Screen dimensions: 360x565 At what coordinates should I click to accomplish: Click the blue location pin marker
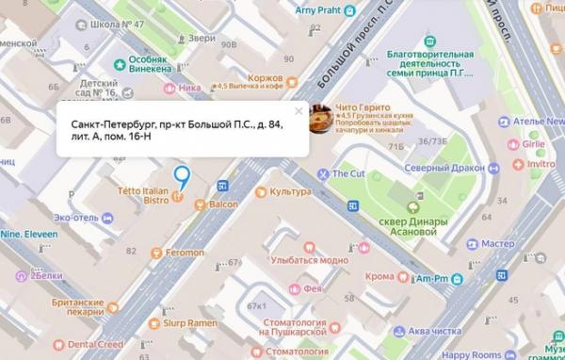pyautogui.click(x=181, y=174)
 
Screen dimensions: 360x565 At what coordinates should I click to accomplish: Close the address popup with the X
pyautogui.click(x=299, y=111)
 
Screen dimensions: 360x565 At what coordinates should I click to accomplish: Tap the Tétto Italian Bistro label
pyautogui.click(x=141, y=194)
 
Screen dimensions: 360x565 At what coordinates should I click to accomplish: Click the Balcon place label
pyautogui.click(x=223, y=205)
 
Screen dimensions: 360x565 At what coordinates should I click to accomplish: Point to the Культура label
pyautogui.click(x=289, y=191)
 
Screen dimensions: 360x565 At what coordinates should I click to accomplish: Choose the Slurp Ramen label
pyautogui.click(x=189, y=323)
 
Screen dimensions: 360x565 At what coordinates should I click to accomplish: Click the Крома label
pyautogui.click(x=380, y=277)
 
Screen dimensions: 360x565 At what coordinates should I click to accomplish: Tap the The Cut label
pyautogui.click(x=347, y=173)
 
